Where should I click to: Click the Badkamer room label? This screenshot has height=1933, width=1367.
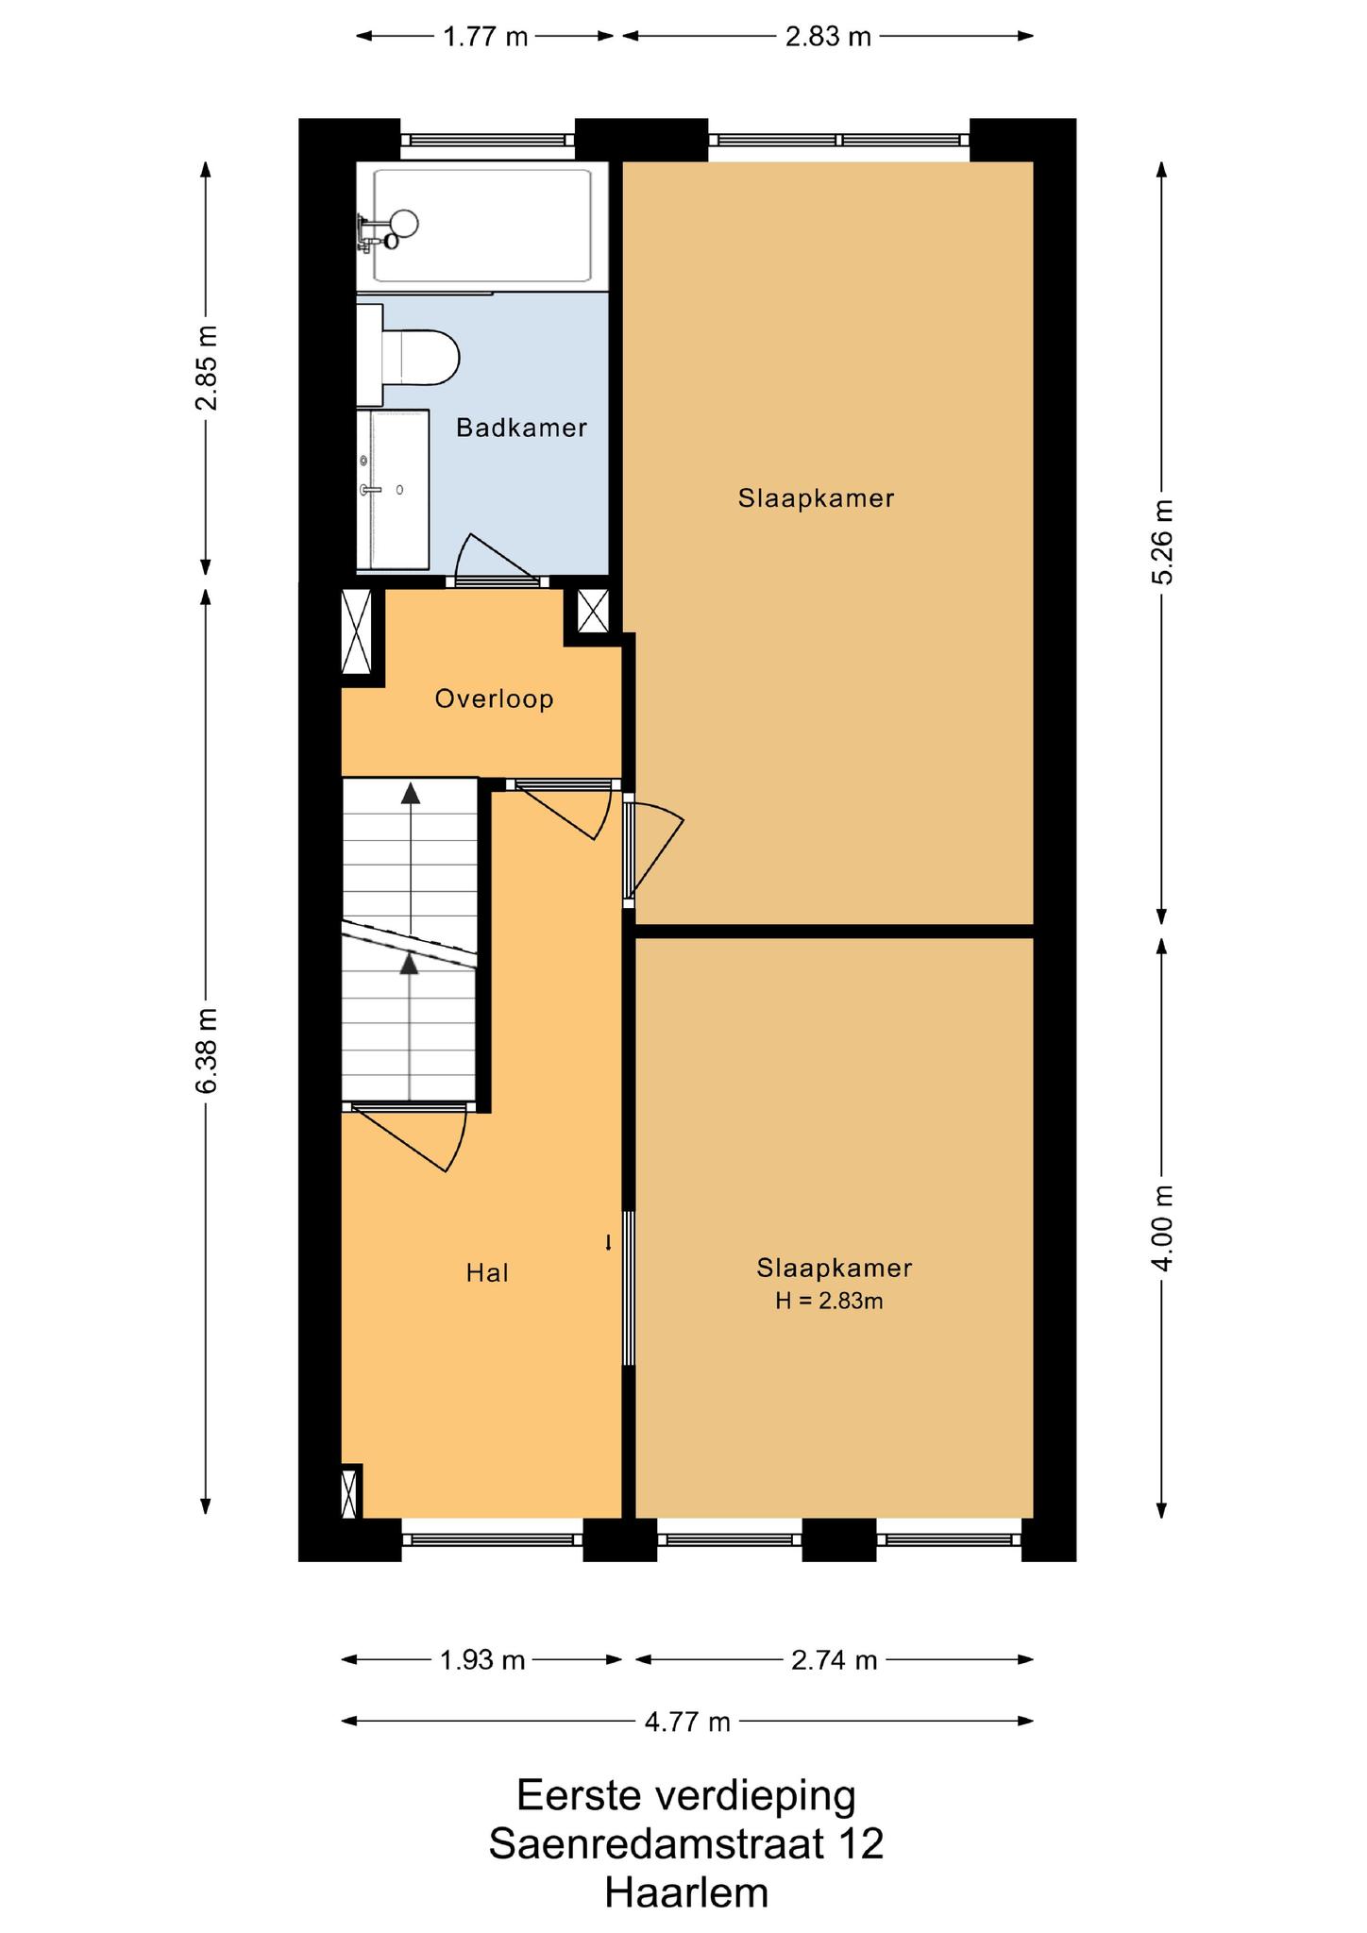click(521, 428)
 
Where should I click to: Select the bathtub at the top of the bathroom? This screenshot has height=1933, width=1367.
click(482, 227)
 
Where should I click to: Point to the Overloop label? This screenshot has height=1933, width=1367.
click(494, 699)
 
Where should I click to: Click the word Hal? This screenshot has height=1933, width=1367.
click(487, 1273)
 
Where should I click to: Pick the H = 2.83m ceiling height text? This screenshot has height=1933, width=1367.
click(829, 1301)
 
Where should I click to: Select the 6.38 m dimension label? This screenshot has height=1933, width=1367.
click(206, 1051)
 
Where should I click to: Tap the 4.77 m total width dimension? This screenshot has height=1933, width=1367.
click(687, 1722)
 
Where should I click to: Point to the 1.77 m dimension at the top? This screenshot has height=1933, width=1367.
click(485, 37)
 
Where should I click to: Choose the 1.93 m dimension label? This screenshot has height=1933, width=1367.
click(481, 1659)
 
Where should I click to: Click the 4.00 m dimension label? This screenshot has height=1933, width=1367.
click(1162, 1228)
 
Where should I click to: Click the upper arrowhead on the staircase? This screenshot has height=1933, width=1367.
click(410, 793)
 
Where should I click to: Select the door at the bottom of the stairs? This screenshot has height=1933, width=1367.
click(408, 1136)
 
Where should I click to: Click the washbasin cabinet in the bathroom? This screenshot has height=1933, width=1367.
click(393, 490)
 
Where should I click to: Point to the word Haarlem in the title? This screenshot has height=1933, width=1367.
click(686, 1892)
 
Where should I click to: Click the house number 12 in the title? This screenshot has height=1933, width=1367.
click(861, 1843)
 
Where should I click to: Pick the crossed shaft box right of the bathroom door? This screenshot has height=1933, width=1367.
click(593, 612)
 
